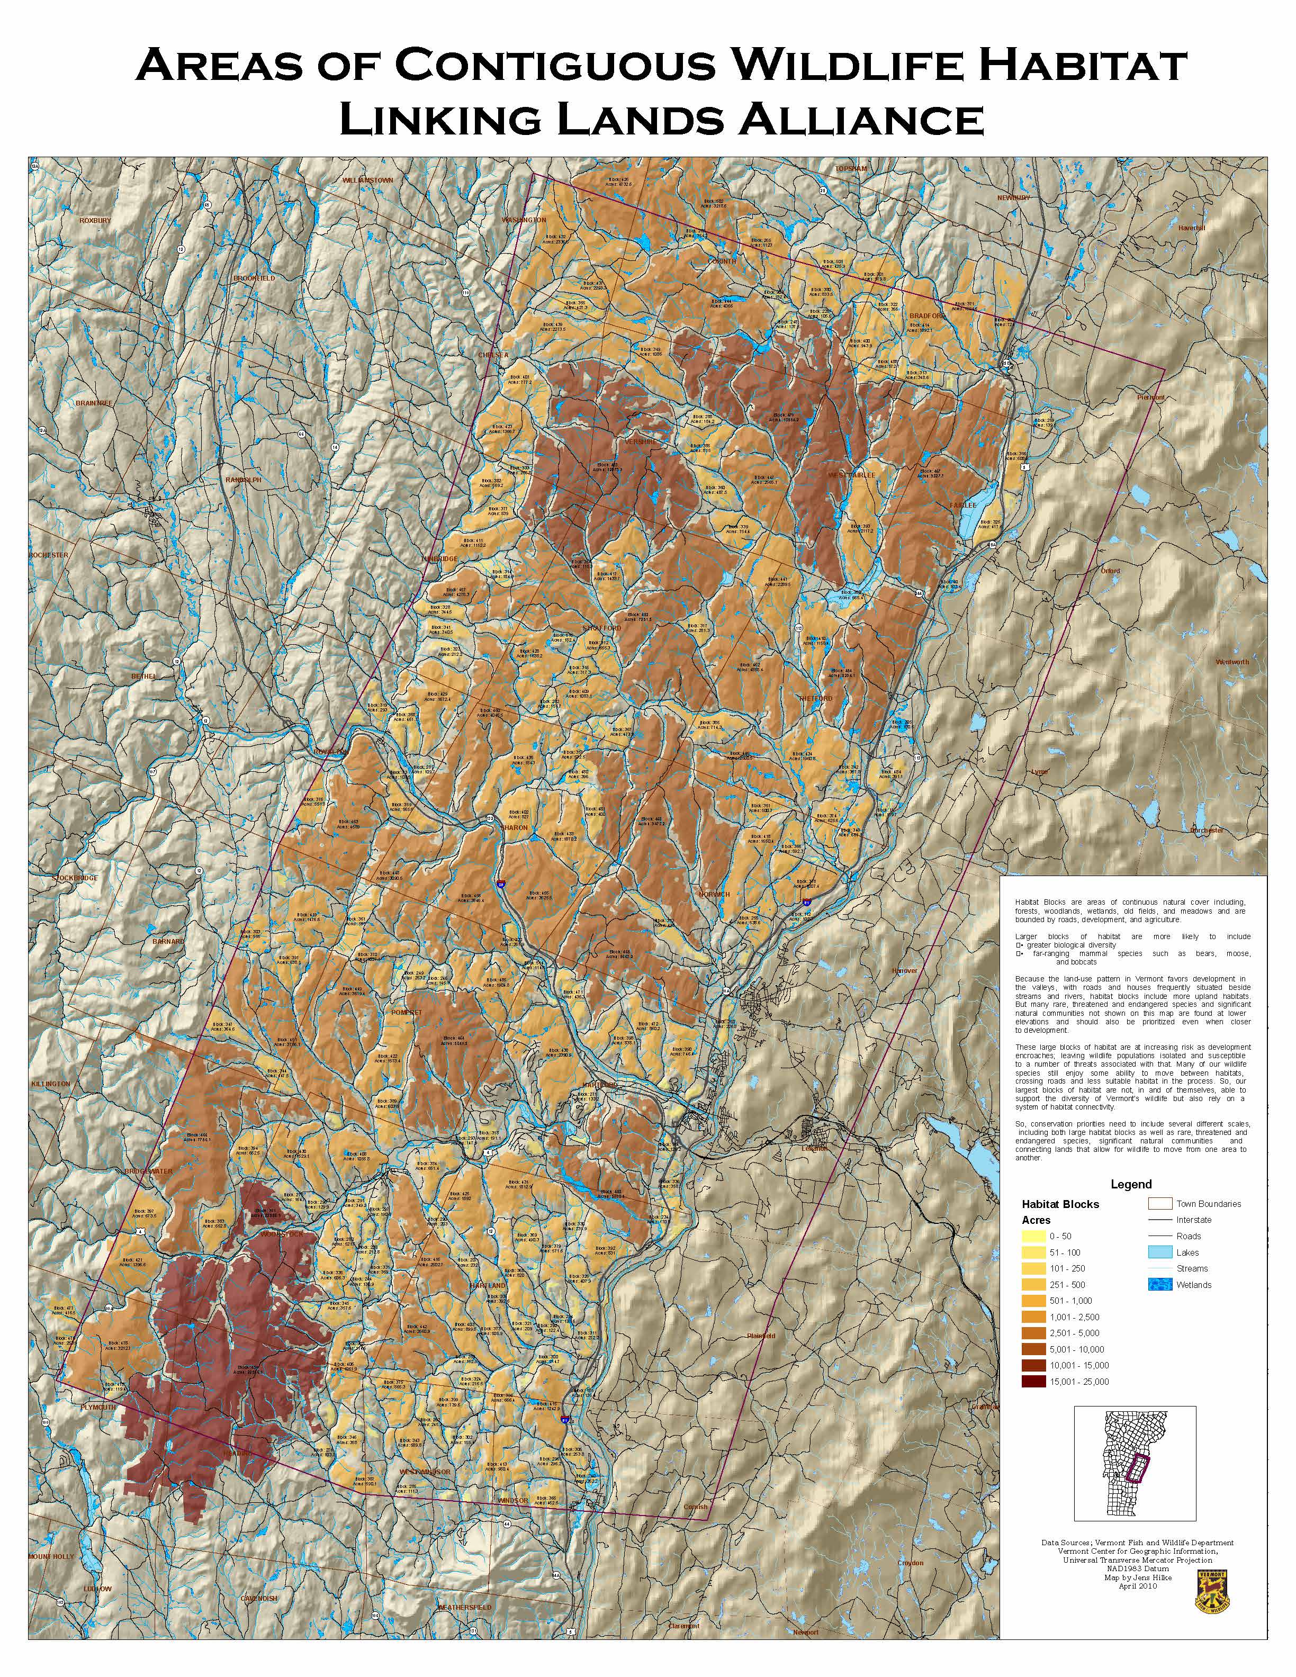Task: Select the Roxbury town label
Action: point(95,220)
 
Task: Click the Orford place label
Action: point(1110,571)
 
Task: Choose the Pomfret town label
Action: point(407,1013)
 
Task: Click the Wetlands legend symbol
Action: point(1160,1285)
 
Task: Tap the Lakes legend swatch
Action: point(1160,1252)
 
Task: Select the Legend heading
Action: point(1131,1184)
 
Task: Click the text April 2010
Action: point(1137,1585)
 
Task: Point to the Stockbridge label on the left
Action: point(75,878)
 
